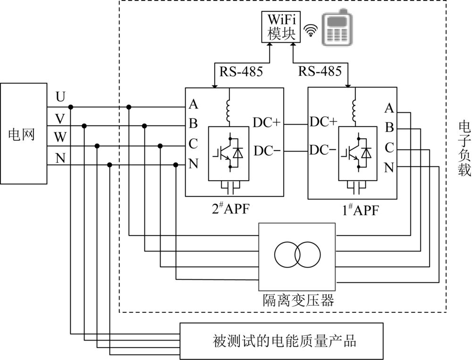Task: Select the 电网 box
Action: coord(24,134)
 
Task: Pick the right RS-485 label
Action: coord(320,72)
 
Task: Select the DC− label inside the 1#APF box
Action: coord(323,151)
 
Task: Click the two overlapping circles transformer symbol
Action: coord(296,256)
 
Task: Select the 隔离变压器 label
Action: coord(298,301)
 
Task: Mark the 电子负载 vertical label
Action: coord(464,148)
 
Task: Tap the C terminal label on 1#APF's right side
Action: coord(389,148)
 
